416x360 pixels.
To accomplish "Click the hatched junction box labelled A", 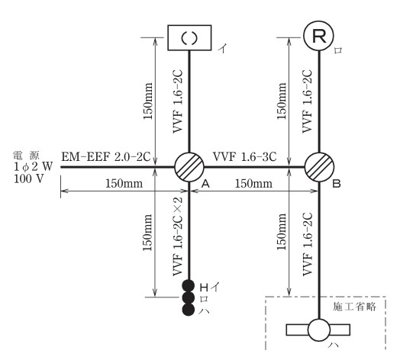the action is tap(189, 167).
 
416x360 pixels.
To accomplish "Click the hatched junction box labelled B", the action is tap(319, 167).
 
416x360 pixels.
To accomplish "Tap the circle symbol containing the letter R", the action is tap(318, 36).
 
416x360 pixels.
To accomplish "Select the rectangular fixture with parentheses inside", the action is tap(189, 37).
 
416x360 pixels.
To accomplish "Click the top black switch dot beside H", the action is tap(189, 286).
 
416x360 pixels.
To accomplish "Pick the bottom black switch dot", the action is tap(189, 310).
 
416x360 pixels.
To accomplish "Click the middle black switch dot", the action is tap(189, 297).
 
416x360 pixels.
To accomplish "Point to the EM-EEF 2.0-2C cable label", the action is tap(106, 156).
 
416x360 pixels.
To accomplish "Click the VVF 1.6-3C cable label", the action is tap(245, 156).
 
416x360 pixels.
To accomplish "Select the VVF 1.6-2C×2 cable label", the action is tap(178, 236).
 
